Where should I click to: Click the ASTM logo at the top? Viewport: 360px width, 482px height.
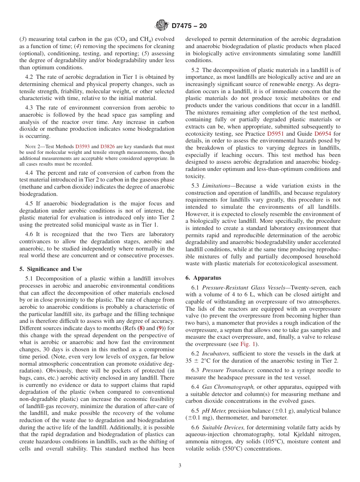point(162,26)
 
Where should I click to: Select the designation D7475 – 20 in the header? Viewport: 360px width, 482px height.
point(189,26)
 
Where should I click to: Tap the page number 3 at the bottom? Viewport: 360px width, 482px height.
point(180,465)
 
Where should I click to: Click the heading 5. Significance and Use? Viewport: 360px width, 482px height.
point(51,269)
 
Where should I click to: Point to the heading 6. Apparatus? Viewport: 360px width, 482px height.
point(203,278)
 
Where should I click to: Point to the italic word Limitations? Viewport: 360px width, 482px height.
point(216,186)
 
